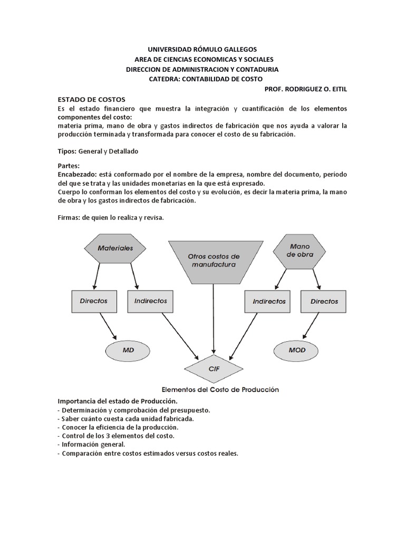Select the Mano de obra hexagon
coord(300,250)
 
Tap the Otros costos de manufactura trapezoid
coord(213,261)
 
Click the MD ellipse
coord(128,350)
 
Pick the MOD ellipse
coord(297,350)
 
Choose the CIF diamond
coord(213,368)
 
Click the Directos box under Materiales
coord(93,301)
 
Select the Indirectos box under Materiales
coord(150,301)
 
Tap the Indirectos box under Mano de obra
coord(268,302)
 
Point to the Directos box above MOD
coord(324,302)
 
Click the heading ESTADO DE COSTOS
coord(91,99)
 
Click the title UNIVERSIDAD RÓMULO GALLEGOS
coord(202,49)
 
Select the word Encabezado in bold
coord(77,174)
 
